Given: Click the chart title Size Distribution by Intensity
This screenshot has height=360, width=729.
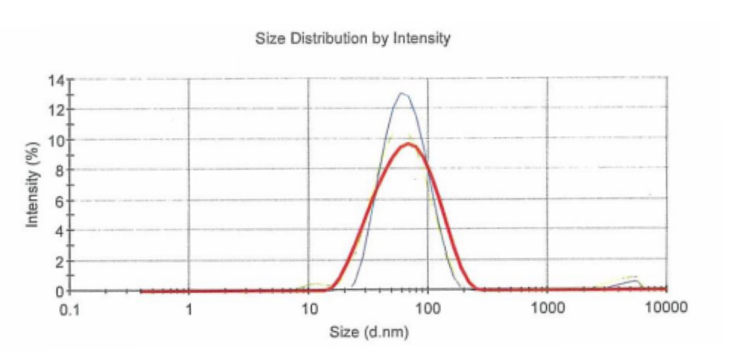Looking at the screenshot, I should coord(353,39).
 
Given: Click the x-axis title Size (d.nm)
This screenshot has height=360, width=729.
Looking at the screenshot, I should coord(369,333).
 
